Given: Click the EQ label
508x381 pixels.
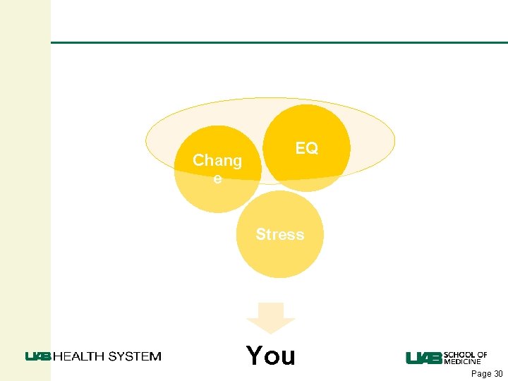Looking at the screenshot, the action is coord(306,148).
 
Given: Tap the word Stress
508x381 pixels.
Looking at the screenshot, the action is coord(280,234).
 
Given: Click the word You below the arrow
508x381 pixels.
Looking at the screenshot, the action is coord(271,356).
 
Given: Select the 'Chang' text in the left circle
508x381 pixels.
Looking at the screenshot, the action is coord(217,161).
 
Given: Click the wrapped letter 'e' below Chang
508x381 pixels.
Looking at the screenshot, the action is coord(217,179).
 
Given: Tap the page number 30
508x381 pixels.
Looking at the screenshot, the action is coord(497,374).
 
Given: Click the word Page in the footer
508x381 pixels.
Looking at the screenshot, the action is coord(480,374).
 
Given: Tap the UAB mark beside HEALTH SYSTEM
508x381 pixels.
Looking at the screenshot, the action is coord(38,356).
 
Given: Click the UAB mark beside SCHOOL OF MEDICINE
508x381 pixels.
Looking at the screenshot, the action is coord(423,358).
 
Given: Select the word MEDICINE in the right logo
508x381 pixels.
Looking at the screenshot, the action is coord(463,361).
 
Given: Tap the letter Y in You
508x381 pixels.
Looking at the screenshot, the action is coord(255,356).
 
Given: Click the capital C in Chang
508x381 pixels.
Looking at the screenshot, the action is coord(198,161).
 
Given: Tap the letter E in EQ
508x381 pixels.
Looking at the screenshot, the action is coord(301,148).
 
